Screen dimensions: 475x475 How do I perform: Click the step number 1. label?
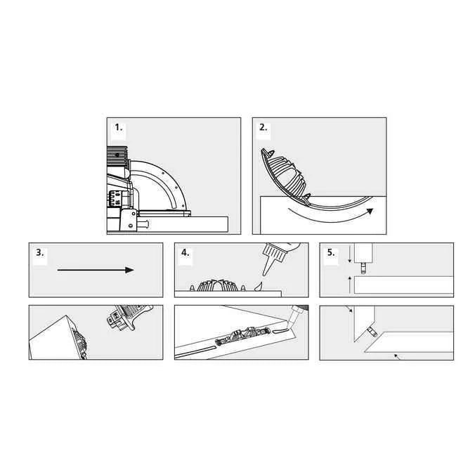[x=119, y=128]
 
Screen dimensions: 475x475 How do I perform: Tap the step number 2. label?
[x=263, y=128]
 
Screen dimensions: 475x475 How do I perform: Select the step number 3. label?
[x=39, y=252]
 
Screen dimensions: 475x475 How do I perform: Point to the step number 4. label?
[x=185, y=252]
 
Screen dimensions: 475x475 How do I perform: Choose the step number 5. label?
[x=331, y=252]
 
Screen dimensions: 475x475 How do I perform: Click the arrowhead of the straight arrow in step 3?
[x=130, y=270]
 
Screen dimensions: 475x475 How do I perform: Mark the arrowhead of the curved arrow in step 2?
[x=370, y=211]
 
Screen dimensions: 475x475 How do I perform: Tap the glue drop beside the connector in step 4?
[x=259, y=287]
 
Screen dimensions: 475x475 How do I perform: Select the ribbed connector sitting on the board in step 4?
[x=218, y=285]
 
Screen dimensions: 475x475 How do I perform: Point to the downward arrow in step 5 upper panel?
[x=350, y=254]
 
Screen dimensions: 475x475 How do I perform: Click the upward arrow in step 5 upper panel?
[x=350, y=285]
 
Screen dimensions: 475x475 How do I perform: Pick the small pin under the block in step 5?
[x=363, y=268]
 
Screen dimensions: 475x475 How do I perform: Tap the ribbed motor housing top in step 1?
[x=117, y=156]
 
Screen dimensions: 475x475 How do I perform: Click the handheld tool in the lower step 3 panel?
[x=129, y=317]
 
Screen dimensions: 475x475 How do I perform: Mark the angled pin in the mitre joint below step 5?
[x=372, y=332]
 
